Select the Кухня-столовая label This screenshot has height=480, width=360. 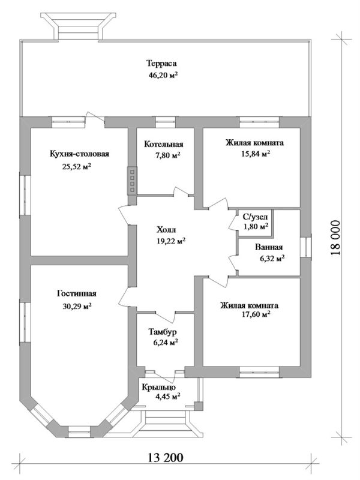pos(79,155)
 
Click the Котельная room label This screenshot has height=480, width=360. pos(163,144)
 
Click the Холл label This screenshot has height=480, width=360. pos(166,230)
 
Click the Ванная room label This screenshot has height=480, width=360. pos(269,248)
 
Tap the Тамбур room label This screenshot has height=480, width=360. pos(163,332)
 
